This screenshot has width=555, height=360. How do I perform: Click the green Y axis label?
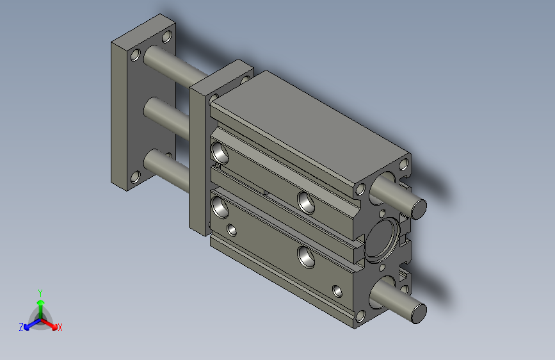click(x=40, y=293)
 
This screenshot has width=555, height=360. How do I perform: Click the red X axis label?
click(x=60, y=327)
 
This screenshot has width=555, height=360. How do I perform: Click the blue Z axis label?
click(x=21, y=327)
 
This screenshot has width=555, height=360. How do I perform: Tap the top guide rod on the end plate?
click(x=176, y=66)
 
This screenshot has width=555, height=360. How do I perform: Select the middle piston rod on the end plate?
click(x=166, y=117)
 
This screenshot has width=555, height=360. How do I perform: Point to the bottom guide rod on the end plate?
click(x=166, y=169)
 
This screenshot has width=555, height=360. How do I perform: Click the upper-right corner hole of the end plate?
click(x=167, y=37)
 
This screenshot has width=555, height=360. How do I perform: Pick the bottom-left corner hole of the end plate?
click(x=136, y=177)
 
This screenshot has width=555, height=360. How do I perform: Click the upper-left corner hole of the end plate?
click(x=136, y=55)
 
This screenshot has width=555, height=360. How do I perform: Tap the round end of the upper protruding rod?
click(x=419, y=209)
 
